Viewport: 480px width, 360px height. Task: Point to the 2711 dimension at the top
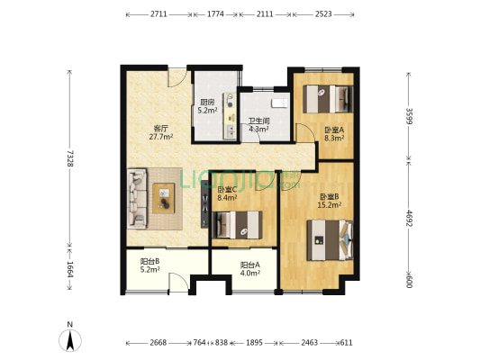pos(158,14)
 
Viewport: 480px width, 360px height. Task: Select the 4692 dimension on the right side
pos(409,218)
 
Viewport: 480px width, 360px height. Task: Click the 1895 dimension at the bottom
pos(254,343)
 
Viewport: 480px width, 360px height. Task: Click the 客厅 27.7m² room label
pos(161,132)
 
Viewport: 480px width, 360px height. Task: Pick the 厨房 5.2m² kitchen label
pos(207,106)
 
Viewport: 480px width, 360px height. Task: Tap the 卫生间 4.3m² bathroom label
pos(259,125)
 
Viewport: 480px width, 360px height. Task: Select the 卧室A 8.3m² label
pos(334,134)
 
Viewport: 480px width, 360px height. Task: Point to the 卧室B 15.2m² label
pos(330,201)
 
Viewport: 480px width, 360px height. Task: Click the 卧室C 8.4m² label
pos(227,193)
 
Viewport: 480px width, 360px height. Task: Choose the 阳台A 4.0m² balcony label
pos(250,269)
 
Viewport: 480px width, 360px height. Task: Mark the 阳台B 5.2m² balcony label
pos(150,265)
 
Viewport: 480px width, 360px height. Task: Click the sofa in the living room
pos(137,199)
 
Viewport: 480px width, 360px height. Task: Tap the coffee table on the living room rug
pos(164,198)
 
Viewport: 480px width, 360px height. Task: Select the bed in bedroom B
pos(330,240)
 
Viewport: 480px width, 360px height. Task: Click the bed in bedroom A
pos(328,99)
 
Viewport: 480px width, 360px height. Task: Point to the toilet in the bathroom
pos(280,103)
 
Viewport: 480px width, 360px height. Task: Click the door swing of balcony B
pos(179,282)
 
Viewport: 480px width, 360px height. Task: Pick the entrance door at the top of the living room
pos(177,78)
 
